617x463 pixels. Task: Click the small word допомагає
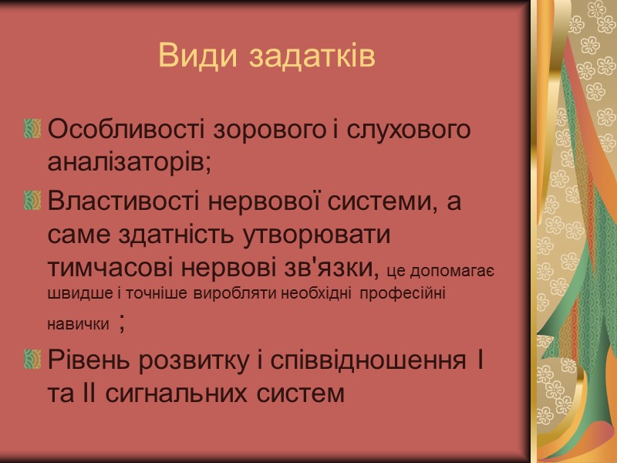(x=452, y=269)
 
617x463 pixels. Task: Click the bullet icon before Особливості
(x=32, y=129)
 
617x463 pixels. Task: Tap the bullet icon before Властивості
(x=32, y=201)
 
